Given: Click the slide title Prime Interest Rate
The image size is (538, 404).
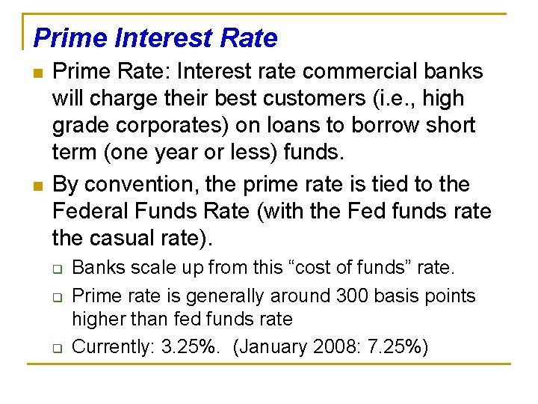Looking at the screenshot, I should (x=155, y=38).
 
